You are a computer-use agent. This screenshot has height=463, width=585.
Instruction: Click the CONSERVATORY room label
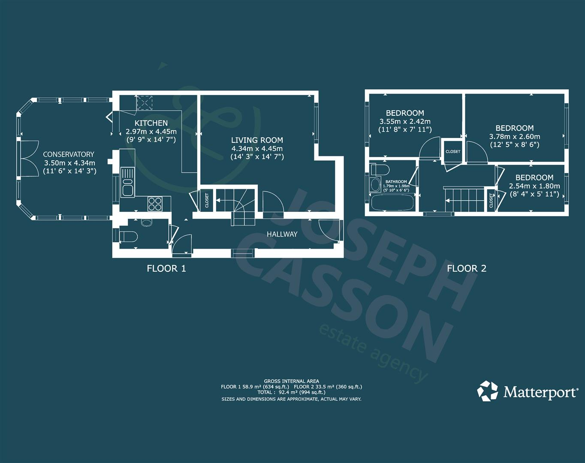[69, 154]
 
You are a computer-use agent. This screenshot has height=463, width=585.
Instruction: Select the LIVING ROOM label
[257, 140]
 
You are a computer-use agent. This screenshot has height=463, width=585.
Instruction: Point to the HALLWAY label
[282, 234]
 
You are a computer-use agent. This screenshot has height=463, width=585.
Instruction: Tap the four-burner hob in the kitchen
[155, 203]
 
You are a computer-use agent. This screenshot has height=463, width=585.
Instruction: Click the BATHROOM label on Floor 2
[396, 182]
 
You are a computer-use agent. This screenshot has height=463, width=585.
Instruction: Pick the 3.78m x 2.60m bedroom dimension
[515, 137]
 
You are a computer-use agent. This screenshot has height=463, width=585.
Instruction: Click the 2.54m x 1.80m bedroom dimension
[534, 186]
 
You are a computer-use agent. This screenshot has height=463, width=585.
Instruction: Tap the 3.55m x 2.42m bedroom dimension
[405, 121]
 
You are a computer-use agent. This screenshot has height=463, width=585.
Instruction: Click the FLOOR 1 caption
[166, 269]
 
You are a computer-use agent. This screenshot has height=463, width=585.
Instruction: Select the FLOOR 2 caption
[467, 269]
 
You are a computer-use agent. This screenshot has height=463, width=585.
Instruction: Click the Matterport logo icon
[488, 391]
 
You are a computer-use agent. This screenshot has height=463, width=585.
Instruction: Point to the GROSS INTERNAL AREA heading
[291, 381]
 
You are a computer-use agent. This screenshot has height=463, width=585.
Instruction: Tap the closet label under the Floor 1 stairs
[207, 201]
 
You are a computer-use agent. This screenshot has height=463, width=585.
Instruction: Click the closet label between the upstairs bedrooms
[453, 151]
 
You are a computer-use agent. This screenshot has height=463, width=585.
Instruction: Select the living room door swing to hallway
[273, 201]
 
